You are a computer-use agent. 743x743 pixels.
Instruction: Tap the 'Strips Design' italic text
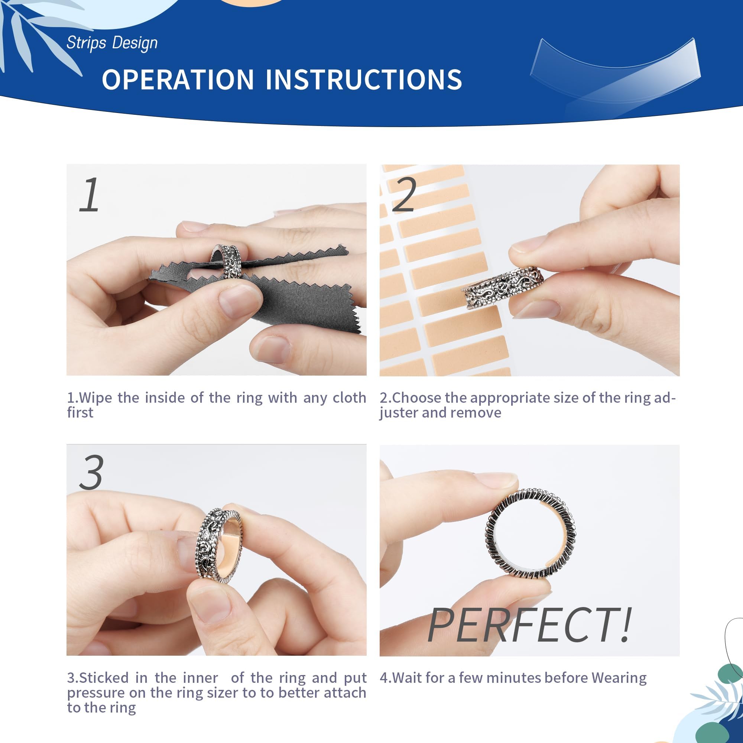(x=112, y=43)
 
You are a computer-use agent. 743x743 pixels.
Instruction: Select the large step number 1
(x=90, y=195)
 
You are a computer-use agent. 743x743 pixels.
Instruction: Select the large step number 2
(x=404, y=195)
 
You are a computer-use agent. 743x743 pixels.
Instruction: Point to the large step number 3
(x=91, y=472)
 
